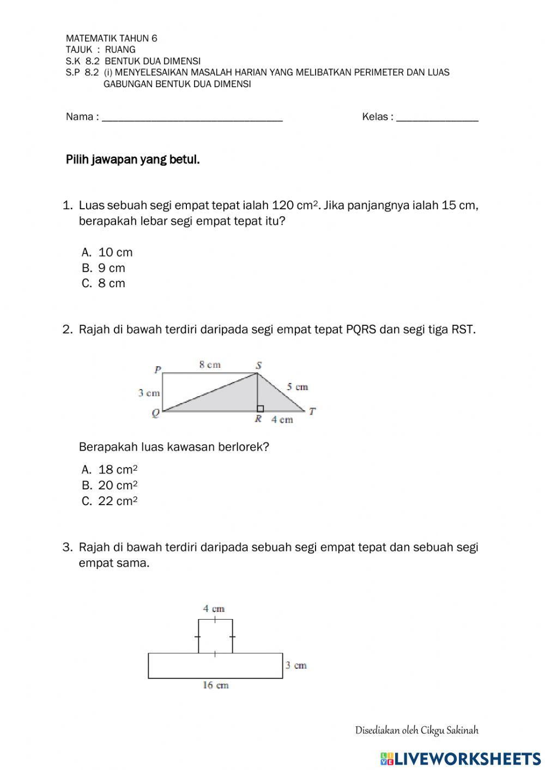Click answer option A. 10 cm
[x=107, y=252]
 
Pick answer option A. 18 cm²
[x=109, y=469]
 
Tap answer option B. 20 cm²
[x=109, y=485]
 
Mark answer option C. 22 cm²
[x=109, y=501]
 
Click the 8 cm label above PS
[x=210, y=365]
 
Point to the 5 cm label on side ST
[x=298, y=387]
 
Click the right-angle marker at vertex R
[x=260, y=408]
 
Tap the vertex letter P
[x=158, y=370]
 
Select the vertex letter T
[x=312, y=411]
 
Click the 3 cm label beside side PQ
[x=149, y=393]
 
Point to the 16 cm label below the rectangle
[x=216, y=686]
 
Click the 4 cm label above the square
[x=214, y=609]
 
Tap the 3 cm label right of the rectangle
[x=296, y=665]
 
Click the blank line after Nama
[x=192, y=117]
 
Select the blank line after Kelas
[x=438, y=117]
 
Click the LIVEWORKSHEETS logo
[x=461, y=759]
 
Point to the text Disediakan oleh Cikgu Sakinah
[x=416, y=730]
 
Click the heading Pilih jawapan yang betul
[x=133, y=160]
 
